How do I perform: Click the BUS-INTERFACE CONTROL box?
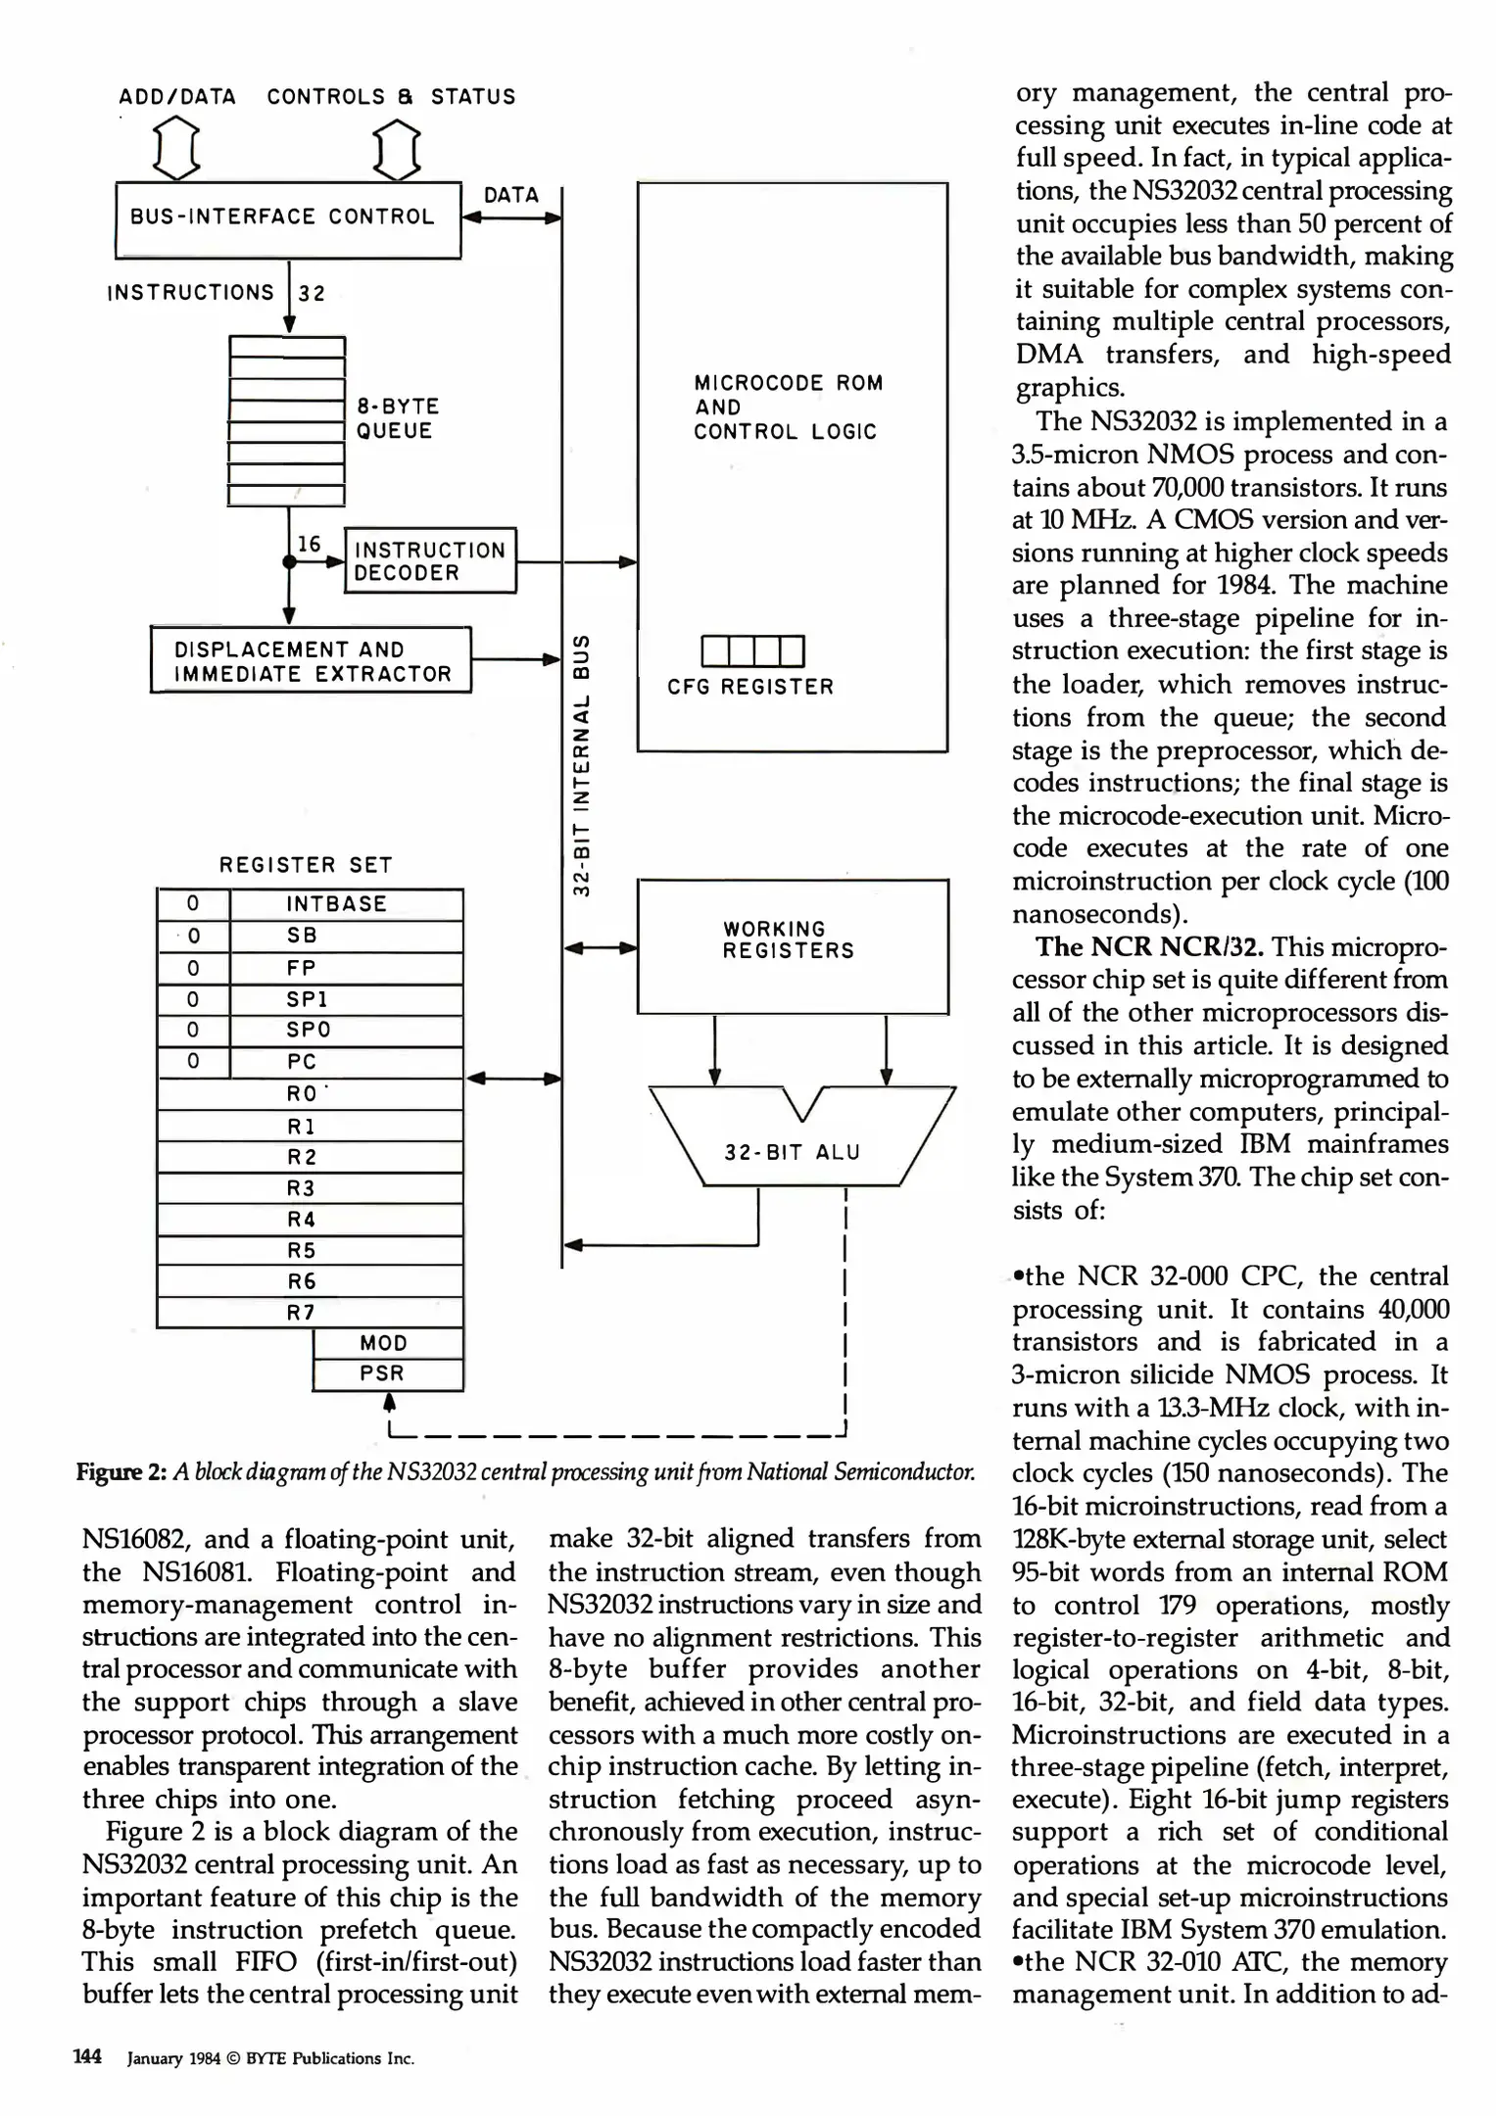[x=287, y=219]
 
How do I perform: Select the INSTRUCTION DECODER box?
[x=429, y=561]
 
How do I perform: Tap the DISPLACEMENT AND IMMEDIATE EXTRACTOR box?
[x=311, y=661]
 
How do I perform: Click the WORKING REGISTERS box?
[x=792, y=945]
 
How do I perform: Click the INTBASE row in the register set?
[x=336, y=904]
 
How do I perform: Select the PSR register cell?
[x=386, y=1373]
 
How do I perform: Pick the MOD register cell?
[x=386, y=1343]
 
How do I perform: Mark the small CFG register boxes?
[x=752, y=650]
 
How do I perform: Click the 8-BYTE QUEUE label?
[x=397, y=418]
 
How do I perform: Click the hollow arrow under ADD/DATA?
[x=177, y=148]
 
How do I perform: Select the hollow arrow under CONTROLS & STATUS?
[x=398, y=148]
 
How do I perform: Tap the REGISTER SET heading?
[x=306, y=865]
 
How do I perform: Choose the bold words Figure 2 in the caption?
[x=121, y=1472]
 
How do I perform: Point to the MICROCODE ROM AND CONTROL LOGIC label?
[x=787, y=407]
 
